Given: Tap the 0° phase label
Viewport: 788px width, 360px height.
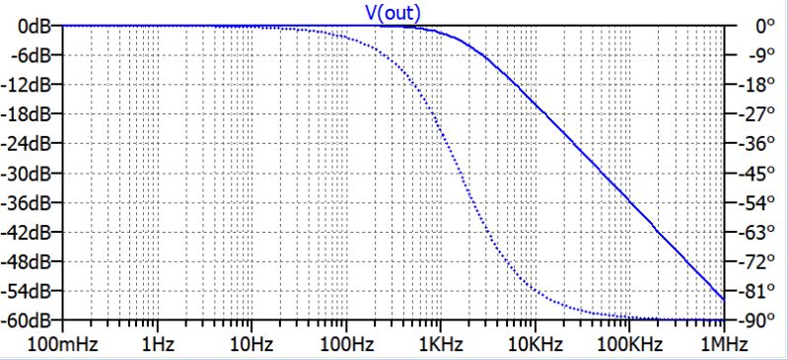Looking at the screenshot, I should tap(752, 27).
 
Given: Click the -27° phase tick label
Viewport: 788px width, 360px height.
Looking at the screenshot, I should tap(754, 114).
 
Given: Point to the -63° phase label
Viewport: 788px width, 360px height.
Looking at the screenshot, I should tap(754, 233).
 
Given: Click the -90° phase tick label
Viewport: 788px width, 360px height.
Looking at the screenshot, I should tap(754, 322).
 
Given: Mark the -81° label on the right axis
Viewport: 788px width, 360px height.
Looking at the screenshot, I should tap(754, 292).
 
